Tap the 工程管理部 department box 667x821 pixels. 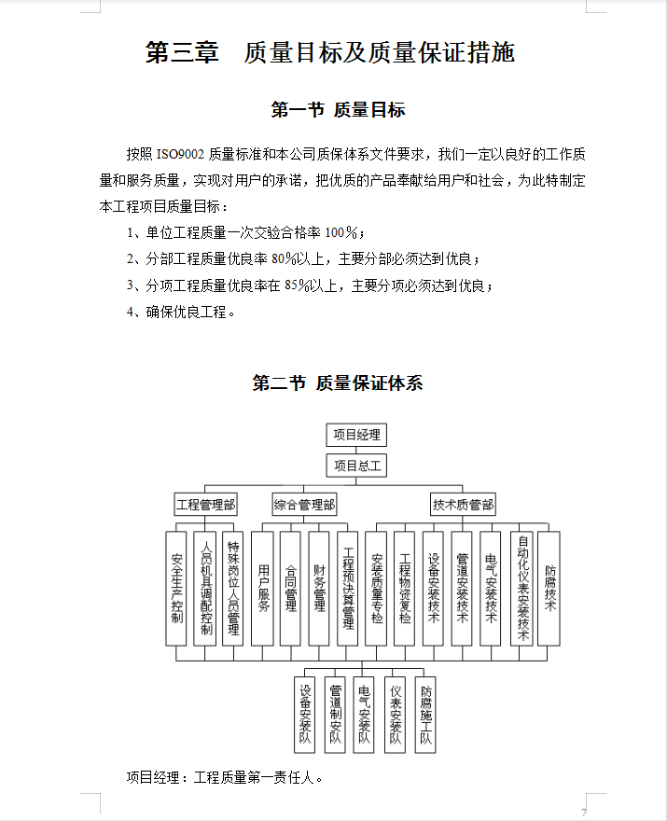tap(206, 506)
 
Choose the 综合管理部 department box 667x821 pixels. tap(304, 506)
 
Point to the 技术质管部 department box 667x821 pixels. tap(464, 506)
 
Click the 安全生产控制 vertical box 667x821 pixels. tap(176, 589)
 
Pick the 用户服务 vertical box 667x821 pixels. tap(263, 589)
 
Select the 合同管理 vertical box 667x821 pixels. tap(291, 589)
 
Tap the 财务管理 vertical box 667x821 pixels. tap(319, 589)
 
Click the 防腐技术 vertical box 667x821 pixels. tap(549, 589)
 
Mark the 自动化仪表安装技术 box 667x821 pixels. tap(522, 589)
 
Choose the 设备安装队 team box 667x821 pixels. tap(305, 715)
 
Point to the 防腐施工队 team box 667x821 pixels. tap(425, 715)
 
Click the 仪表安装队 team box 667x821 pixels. tap(396, 715)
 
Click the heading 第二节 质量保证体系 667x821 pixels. tap(338, 383)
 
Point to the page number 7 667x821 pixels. tap(584, 812)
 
